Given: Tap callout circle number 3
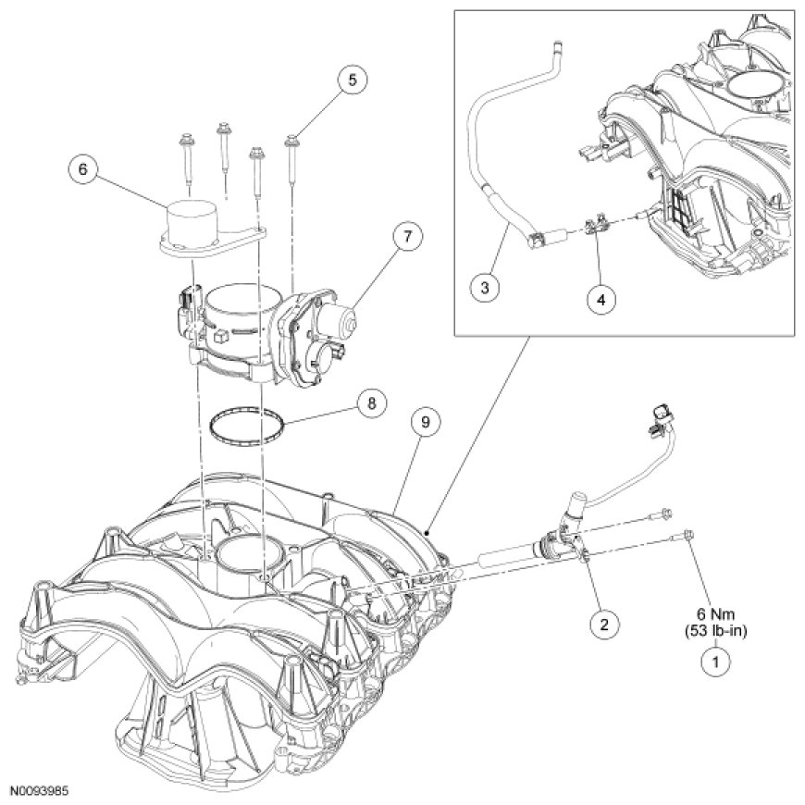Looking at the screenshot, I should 484,287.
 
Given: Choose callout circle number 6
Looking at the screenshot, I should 83,169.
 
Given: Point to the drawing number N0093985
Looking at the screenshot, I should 41,792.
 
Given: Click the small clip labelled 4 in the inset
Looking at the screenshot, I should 595,224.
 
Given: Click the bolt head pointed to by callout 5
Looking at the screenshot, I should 292,140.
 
